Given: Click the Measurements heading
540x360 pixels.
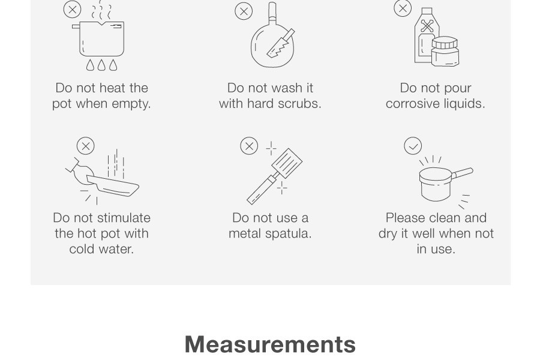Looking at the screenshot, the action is (x=271, y=344).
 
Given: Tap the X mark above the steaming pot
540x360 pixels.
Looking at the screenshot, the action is (x=73, y=10).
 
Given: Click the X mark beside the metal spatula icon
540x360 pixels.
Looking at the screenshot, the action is (x=249, y=146).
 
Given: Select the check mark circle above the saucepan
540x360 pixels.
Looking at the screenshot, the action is (x=413, y=146).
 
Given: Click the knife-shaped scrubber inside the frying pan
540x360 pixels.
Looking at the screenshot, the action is (x=281, y=43).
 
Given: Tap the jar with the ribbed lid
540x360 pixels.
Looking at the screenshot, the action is (x=445, y=52).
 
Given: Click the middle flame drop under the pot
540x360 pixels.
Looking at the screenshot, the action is (x=101, y=65).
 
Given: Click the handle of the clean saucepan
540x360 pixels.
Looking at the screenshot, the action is (x=462, y=173).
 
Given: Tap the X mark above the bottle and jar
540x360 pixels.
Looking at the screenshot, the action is (x=403, y=8).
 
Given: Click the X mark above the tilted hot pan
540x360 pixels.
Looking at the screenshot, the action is (x=85, y=146).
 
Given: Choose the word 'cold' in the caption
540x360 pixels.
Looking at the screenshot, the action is (x=81, y=249).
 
